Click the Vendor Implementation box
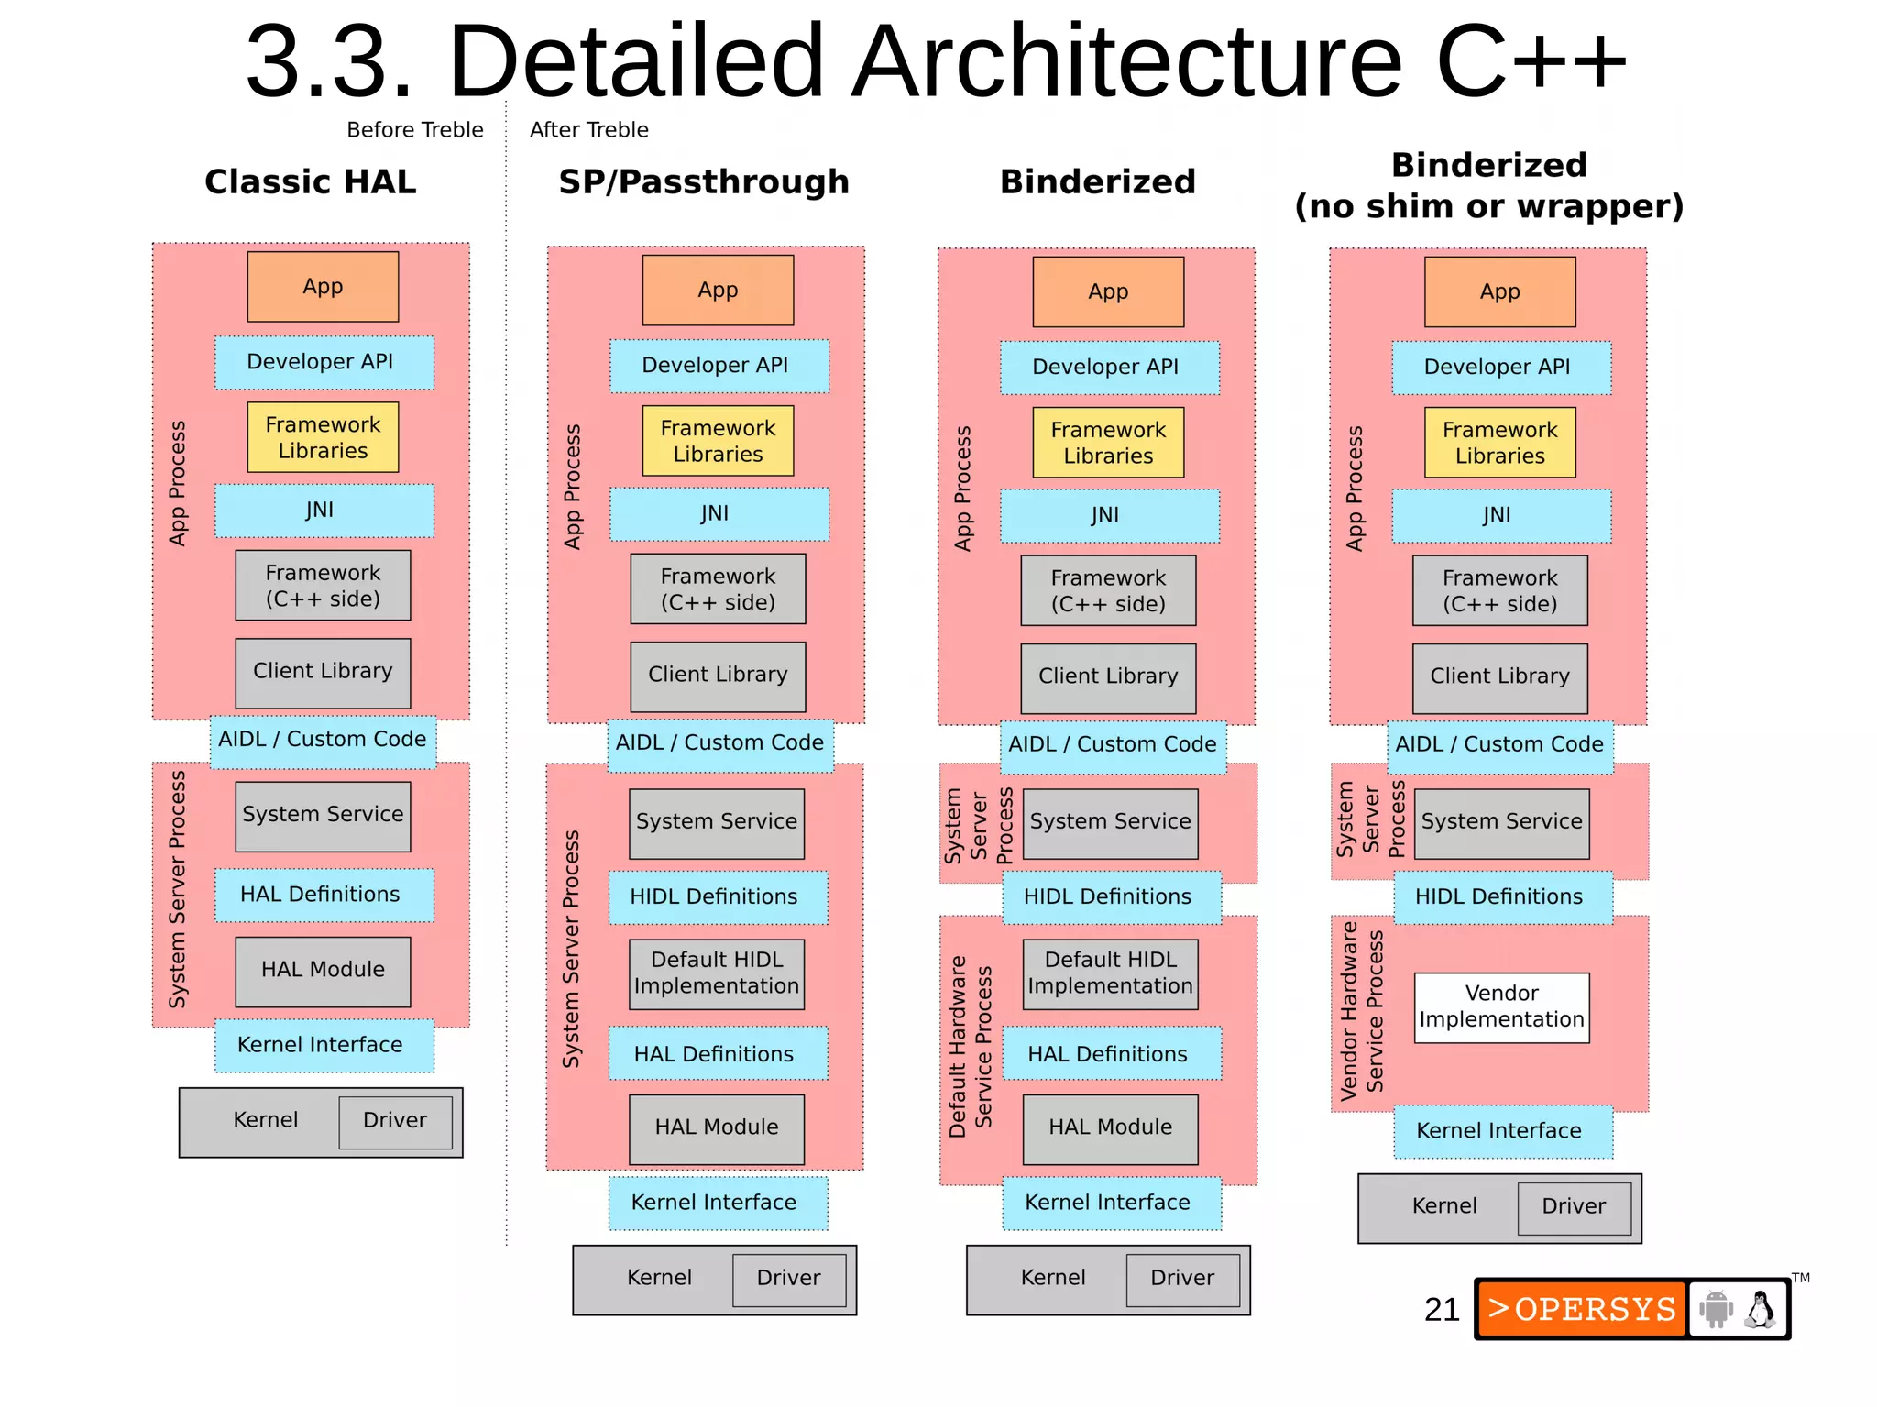pyautogui.click(x=1501, y=1006)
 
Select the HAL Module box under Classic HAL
pyautogui.click(x=323, y=970)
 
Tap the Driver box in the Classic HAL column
pyautogui.click(x=395, y=1120)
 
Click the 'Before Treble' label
pyautogui.click(x=414, y=130)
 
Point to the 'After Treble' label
pyautogui.click(x=588, y=130)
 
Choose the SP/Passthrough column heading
pyautogui.click(x=704, y=181)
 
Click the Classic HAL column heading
pyautogui.click(x=310, y=181)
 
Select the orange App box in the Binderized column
pyautogui.click(x=1108, y=291)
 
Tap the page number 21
pyautogui.click(x=1441, y=1309)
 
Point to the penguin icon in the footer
pyautogui.click(x=1760, y=1309)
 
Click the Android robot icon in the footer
pyautogui.click(x=1716, y=1309)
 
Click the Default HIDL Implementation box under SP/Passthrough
pyautogui.click(x=717, y=973)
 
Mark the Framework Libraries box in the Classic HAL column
pyautogui.click(x=323, y=437)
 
